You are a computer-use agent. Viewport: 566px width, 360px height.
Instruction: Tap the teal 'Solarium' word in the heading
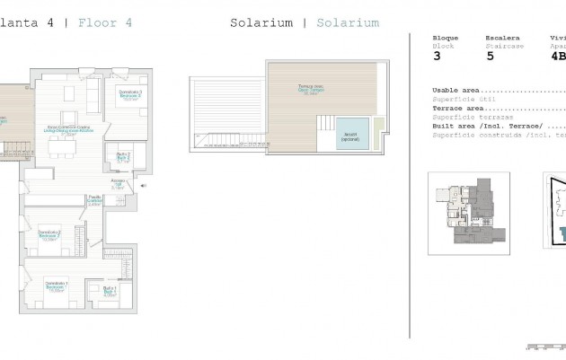(341, 23)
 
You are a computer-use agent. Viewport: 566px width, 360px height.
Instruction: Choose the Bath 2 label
(122, 159)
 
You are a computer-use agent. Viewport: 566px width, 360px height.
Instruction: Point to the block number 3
(437, 56)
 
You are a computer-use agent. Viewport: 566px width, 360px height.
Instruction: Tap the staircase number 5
(490, 56)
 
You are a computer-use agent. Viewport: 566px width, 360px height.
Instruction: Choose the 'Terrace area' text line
(458, 108)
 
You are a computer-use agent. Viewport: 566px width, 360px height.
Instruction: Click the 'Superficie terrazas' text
(473, 117)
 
